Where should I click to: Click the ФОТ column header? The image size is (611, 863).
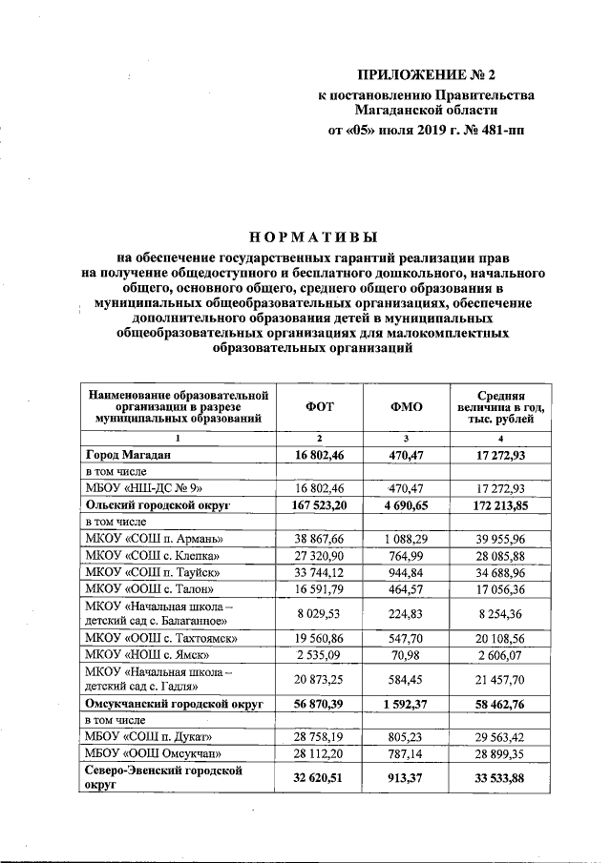click(x=319, y=406)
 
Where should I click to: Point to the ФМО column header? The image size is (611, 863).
click(x=407, y=406)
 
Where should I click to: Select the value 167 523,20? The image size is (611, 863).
click(x=319, y=504)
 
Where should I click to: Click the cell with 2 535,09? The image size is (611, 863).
click(x=319, y=655)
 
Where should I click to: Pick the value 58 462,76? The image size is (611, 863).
click(x=510, y=704)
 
